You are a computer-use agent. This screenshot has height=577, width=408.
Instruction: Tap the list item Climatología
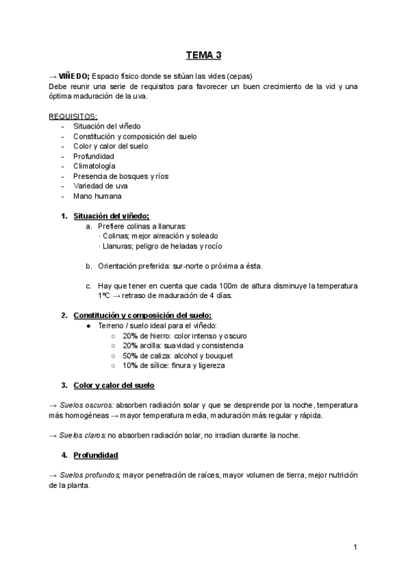pyautogui.click(x=94, y=166)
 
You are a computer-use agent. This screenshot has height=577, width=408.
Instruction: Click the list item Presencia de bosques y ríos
pyautogui.click(x=121, y=176)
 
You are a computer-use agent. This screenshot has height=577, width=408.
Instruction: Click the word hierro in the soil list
pyautogui.click(x=160, y=336)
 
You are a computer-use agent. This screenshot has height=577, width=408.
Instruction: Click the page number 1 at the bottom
pyautogui.click(x=355, y=547)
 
